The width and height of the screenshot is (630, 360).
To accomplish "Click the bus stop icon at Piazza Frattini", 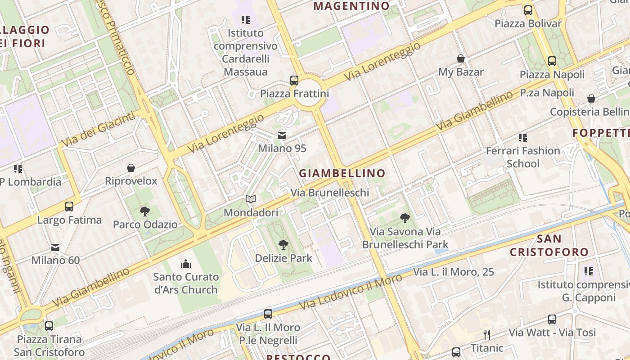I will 294,81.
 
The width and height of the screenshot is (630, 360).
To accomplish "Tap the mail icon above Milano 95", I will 282,135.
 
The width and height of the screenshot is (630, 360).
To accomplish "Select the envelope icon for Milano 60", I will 55,247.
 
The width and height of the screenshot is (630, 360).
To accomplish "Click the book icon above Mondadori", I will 251,199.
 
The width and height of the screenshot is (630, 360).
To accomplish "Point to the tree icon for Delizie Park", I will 283,245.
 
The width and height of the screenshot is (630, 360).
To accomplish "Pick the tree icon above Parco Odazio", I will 145,211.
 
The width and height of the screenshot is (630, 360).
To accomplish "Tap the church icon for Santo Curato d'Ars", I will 186,263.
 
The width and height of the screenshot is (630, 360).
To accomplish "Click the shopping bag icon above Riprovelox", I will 131,168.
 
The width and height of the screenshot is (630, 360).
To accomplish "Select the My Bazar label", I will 461,72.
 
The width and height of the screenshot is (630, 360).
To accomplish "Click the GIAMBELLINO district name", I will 342,173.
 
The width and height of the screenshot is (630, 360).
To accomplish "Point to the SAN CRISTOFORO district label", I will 549,245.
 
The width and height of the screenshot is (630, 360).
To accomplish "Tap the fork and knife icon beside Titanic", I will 486,334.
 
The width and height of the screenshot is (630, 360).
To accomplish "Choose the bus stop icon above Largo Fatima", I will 69,207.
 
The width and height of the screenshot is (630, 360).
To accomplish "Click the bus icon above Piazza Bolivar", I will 528,10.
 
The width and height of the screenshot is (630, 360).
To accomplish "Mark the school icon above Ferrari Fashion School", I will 522,137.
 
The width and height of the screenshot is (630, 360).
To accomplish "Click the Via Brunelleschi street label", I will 329,193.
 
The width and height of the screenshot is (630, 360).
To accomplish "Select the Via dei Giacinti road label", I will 98,129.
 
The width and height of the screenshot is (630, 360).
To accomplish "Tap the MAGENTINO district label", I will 351,6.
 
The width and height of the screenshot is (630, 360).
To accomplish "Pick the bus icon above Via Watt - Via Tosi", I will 552,319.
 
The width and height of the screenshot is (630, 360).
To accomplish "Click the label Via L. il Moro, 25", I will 453,272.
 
